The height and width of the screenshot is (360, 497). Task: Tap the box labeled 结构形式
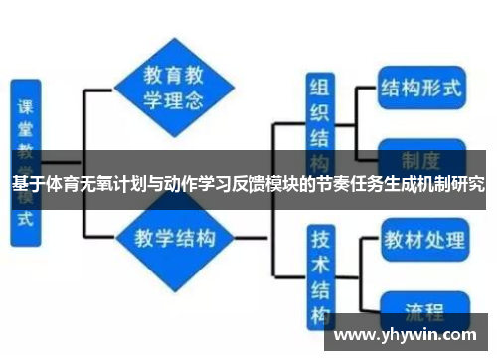pos(420,88)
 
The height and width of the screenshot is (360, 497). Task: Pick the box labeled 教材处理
pos(423,241)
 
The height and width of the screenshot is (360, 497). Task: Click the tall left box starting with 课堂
pos(26,159)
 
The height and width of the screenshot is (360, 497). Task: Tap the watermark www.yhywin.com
pos(408,333)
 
